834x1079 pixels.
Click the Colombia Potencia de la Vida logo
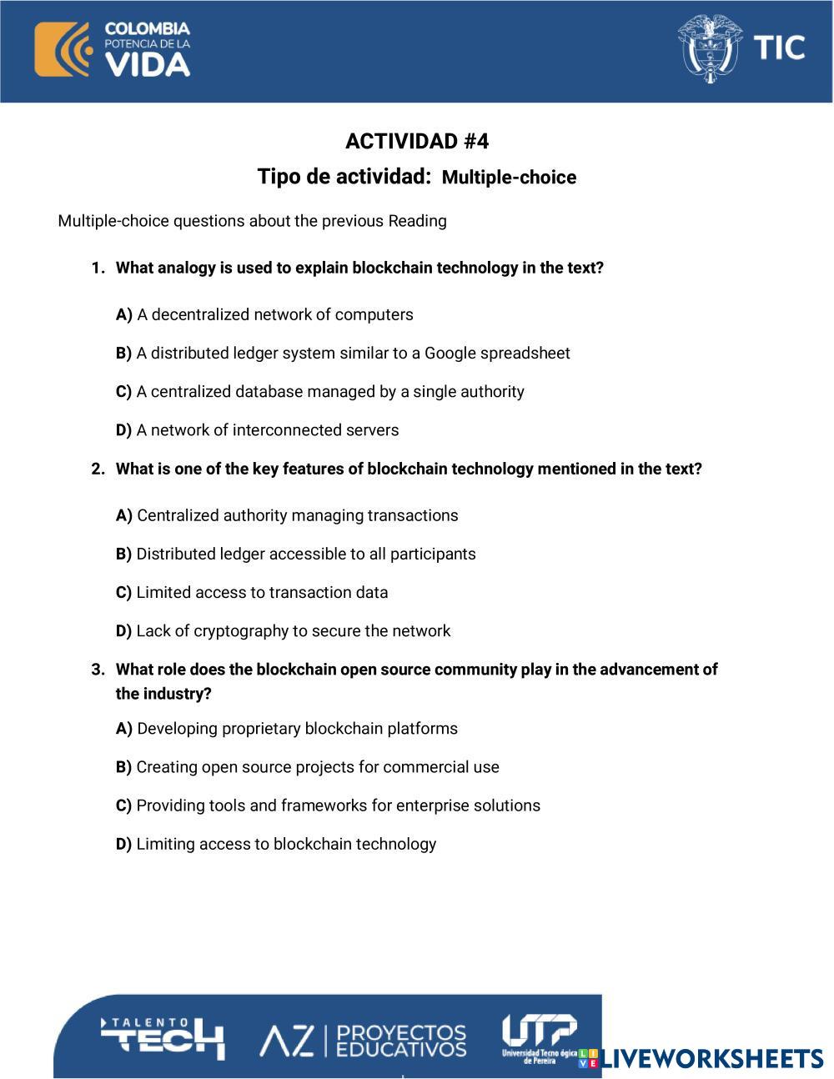click(x=113, y=50)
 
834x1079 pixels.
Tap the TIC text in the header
click(x=780, y=48)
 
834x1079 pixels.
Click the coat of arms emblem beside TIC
click(x=710, y=48)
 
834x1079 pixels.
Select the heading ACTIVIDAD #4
click(x=417, y=142)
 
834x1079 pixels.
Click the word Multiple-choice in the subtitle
click(x=509, y=178)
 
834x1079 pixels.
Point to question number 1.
click(x=359, y=268)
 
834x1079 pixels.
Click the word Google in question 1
click(x=451, y=353)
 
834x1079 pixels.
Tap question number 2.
click(x=409, y=469)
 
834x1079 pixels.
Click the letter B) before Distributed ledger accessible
click(x=123, y=554)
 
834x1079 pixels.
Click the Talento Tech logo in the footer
click(x=163, y=1036)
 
